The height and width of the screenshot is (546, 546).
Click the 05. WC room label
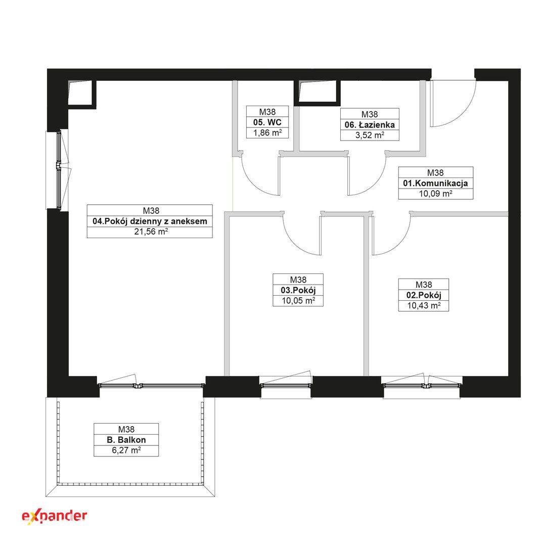coord(267,122)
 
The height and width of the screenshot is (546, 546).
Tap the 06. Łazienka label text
coord(370,125)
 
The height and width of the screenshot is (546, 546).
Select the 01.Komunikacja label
coord(436,183)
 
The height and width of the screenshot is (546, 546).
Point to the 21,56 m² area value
coord(151,231)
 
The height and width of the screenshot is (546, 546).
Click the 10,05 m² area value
coord(298,300)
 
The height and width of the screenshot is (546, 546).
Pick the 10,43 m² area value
coord(424,305)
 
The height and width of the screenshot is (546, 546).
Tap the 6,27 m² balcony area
coord(126,450)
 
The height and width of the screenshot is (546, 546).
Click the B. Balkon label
coord(126,440)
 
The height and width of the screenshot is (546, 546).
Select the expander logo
coord(54,516)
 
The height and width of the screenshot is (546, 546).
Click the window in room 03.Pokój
coord(286,385)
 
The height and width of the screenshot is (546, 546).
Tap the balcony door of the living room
coord(152,385)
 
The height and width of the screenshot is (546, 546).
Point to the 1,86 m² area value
coord(267,132)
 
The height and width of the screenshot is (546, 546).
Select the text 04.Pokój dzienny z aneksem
coord(150,221)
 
